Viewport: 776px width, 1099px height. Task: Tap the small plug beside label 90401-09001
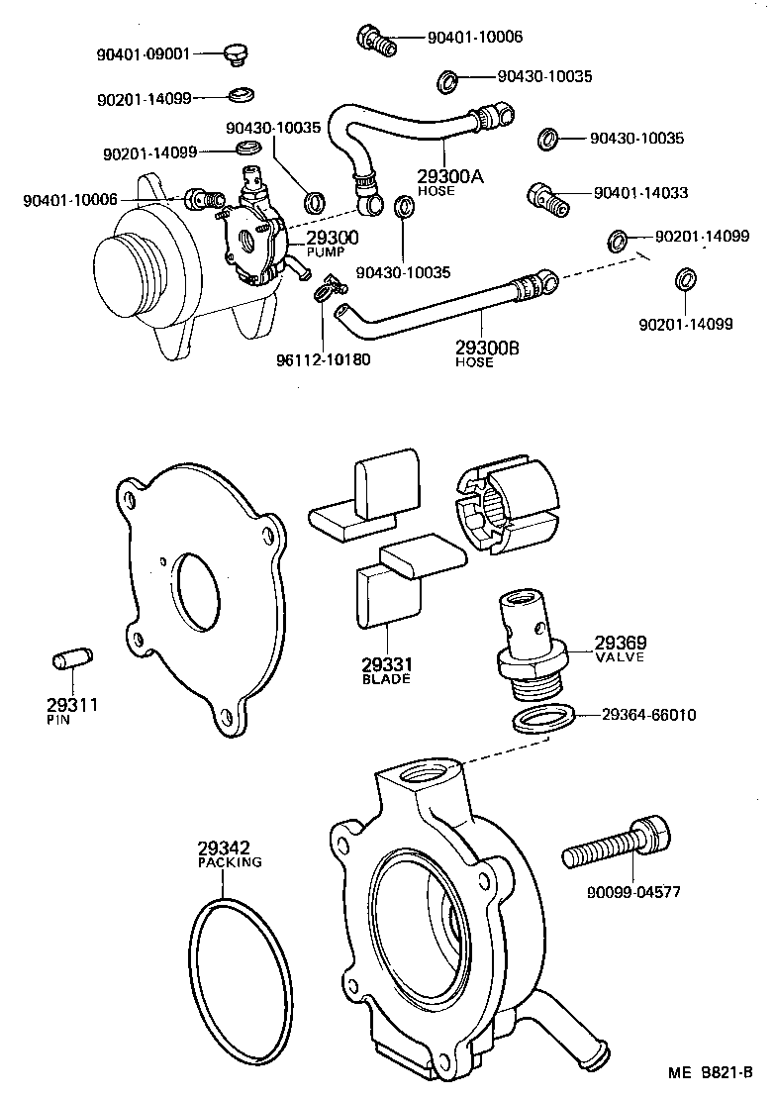click(x=235, y=53)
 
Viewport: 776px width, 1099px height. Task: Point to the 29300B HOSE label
click(x=487, y=353)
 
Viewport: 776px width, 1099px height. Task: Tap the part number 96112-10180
click(x=324, y=358)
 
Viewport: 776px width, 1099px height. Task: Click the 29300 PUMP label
click(x=332, y=243)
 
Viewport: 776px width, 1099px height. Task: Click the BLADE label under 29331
click(x=387, y=679)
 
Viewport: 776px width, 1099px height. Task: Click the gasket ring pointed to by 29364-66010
click(x=544, y=718)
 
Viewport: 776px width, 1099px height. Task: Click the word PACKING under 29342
click(x=230, y=861)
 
